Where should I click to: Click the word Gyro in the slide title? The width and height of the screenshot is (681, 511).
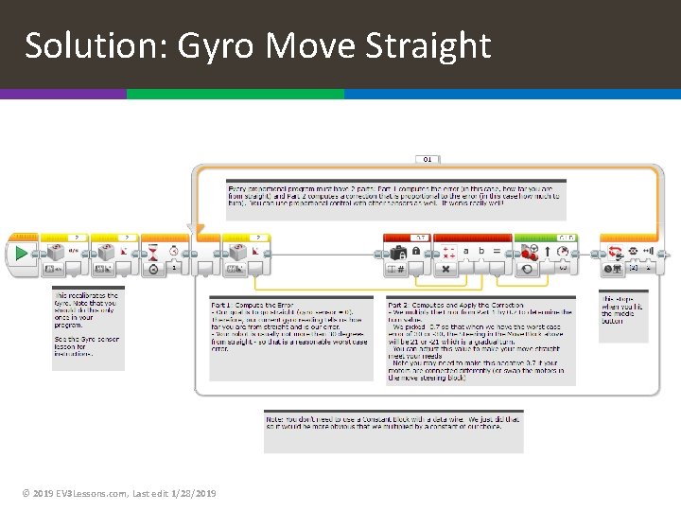point(212,45)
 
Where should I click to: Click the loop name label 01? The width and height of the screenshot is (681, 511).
point(428,159)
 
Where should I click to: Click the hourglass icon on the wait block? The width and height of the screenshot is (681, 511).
point(154,253)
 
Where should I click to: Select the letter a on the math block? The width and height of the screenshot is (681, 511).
point(465,252)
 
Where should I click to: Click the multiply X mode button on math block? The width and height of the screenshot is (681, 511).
point(446,270)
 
